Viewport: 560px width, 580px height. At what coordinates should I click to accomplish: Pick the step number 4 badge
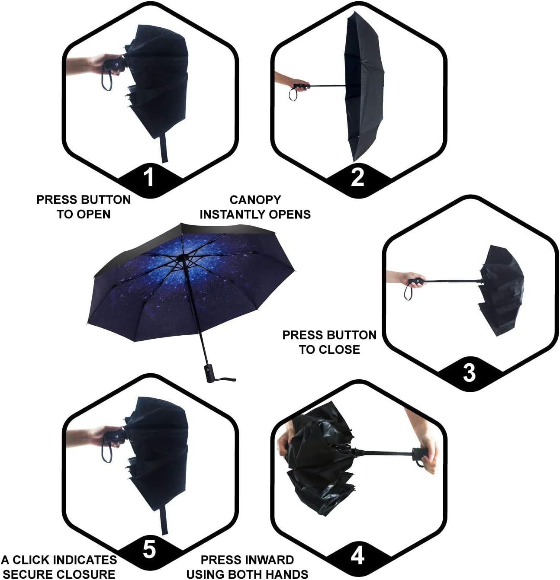tap(357, 555)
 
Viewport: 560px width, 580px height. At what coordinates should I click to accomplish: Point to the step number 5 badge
tap(149, 550)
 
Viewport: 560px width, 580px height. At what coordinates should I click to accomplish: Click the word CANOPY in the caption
tap(255, 200)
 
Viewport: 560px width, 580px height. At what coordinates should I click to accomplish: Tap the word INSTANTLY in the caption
tap(231, 215)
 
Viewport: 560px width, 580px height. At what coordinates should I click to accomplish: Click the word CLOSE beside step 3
tap(340, 349)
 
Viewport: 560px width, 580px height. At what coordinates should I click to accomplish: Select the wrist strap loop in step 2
tap(293, 94)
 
